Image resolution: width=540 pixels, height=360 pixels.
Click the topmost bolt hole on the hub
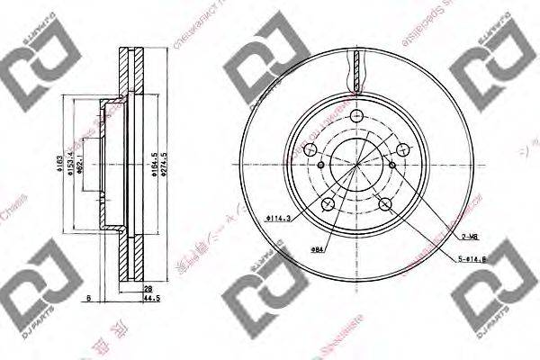[x=357, y=116]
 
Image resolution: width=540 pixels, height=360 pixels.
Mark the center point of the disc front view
[x=357, y=165]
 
